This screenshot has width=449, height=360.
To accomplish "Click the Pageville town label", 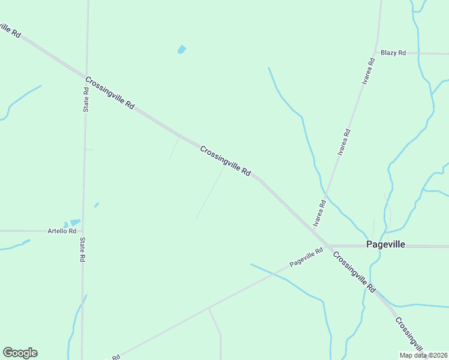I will coord(385,245).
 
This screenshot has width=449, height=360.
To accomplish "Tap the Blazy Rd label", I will coord(393,53).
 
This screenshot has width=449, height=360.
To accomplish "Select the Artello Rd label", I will coord(62,230).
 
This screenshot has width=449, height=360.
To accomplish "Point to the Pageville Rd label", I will coord(306,259).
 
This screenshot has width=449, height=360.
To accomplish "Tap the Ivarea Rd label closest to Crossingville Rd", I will coord(319,212).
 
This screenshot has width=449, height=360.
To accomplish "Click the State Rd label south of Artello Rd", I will coord(82,250).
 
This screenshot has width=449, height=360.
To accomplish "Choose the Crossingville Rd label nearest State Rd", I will coord(110,92).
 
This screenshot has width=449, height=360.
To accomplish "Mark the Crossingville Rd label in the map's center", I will coord(225,161).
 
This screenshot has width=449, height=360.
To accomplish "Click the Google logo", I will coord(20,353).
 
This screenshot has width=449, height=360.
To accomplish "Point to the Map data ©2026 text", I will coord(423,355).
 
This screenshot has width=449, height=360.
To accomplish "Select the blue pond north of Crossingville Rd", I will coord(181,49).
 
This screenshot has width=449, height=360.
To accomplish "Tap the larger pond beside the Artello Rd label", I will coord(75,223).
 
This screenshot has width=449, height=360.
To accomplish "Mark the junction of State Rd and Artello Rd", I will coord(83,230).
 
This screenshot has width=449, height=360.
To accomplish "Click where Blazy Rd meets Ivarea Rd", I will coord(376,53).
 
